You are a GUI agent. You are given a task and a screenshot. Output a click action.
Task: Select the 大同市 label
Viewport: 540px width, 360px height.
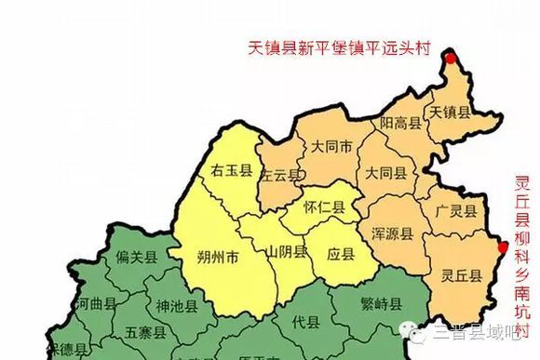point(331,147)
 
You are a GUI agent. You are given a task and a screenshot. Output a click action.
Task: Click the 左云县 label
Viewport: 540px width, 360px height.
point(279,175)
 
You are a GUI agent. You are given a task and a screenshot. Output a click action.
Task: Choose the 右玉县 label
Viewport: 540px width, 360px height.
point(232,170)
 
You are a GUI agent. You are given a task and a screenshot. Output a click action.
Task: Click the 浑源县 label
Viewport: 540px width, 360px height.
point(391,233)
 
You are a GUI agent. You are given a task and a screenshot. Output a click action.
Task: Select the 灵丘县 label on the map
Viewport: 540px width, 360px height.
point(462,274)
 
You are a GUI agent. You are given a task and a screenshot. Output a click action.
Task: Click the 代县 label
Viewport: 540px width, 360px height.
point(305,322)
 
